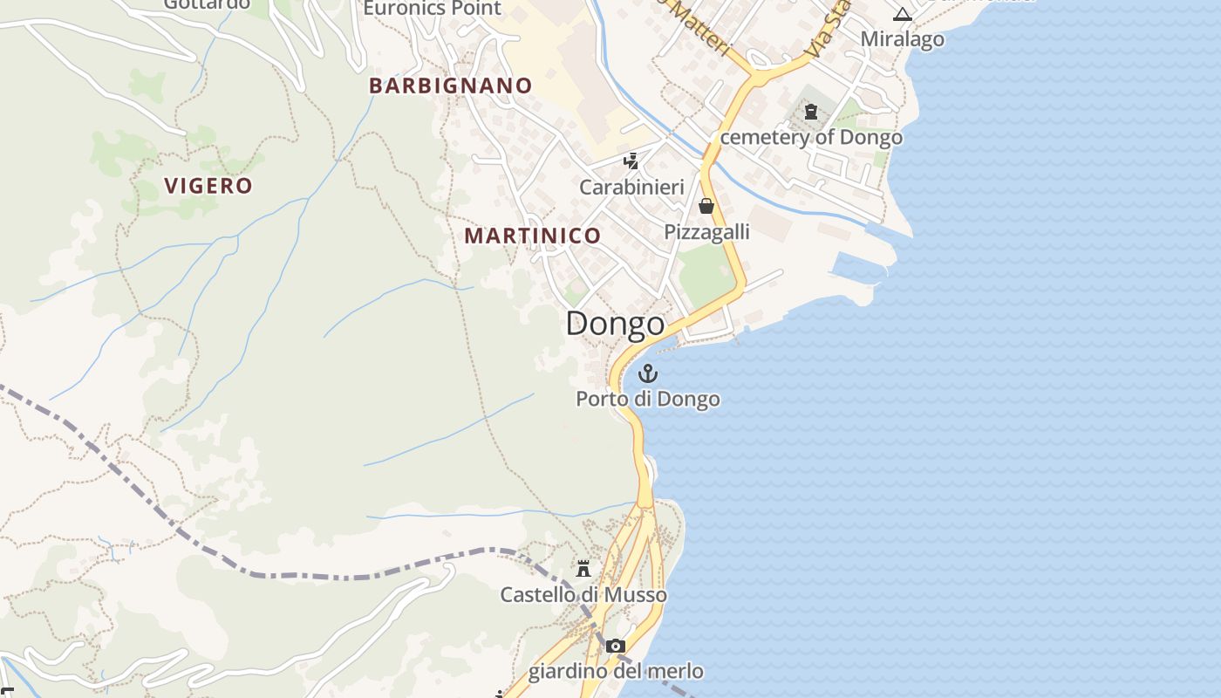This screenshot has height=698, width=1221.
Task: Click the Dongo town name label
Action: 615,324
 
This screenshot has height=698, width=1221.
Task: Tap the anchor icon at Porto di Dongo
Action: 647,374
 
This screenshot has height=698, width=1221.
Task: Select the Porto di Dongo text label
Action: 647,400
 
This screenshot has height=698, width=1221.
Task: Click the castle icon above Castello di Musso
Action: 583,569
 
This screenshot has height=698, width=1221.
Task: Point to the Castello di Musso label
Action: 583,595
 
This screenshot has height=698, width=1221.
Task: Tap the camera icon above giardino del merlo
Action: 616,647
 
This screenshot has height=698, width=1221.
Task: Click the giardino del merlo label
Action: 616,672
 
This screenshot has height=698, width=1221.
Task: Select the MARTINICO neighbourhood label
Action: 532,236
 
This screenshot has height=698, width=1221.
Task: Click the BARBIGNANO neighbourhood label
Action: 450,86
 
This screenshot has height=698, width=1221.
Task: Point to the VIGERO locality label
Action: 208,186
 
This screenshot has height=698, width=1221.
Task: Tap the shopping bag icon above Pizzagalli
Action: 706,206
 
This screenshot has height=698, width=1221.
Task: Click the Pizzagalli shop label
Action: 706,232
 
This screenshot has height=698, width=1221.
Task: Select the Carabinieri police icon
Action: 631,161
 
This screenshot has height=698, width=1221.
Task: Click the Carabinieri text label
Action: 631,188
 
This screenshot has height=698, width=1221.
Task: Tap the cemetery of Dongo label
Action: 811,138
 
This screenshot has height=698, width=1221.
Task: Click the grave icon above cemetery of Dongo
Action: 812,112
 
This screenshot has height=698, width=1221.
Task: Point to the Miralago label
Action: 902,39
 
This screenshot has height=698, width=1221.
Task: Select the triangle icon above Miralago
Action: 902,14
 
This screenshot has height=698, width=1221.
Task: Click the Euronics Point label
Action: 432,9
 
